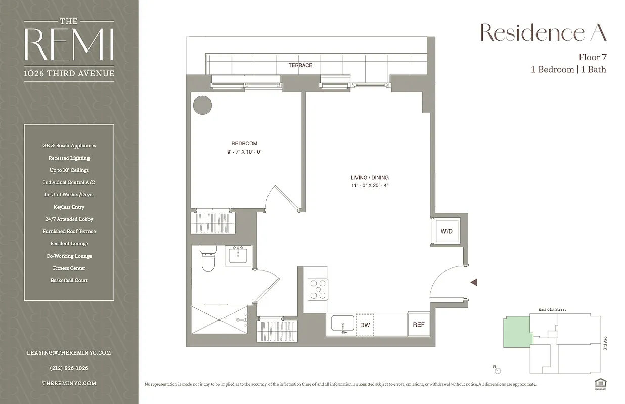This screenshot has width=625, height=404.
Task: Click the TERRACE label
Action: pyautogui.click(x=300, y=65)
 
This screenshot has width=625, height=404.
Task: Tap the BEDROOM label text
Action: pyautogui.click(x=244, y=143)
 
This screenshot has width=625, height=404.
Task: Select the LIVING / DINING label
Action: pyautogui.click(x=370, y=178)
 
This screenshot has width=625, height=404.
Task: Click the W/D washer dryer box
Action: pyautogui.click(x=446, y=231)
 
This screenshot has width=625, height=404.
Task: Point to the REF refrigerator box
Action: pyautogui.click(x=419, y=325)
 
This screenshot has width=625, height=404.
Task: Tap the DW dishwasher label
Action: pyautogui.click(x=365, y=325)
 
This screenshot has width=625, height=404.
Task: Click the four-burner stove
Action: pyautogui.click(x=318, y=290)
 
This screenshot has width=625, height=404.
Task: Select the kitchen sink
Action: pyautogui.click(x=343, y=323)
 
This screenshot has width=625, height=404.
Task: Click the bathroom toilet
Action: pyautogui.click(x=208, y=259)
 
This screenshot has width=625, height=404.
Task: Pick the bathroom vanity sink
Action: pyautogui.click(x=238, y=255)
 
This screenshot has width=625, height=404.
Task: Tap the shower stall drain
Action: pyautogui.click(x=219, y=319)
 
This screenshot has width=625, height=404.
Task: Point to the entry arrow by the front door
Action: pyautogui.click(x=474, y=283)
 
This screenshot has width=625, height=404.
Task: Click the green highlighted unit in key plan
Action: pyautogui.click(x=516, y=331)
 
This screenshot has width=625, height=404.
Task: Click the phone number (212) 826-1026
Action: pyautogui.click(x=69, y=368)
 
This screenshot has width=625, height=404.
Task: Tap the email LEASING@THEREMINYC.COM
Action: pyautogui.click(x=69, y=353)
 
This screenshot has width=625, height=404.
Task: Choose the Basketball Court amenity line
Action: pyautogui.click(x=69, y=280)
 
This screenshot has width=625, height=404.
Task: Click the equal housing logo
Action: pyautogui.click(x=600, y=384)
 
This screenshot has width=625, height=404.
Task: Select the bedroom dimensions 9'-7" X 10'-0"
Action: pyautogui.click(x=244, y=151)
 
